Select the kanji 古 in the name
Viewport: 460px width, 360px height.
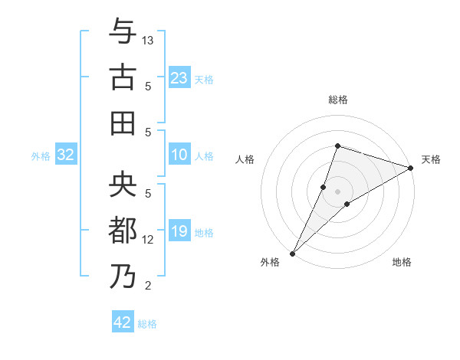click(x=123, y=78)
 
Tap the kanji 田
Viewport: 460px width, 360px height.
click(x=123, y=123)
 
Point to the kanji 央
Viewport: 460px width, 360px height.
click(x=123, y=185)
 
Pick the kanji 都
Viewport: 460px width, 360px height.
click(x=123, y=231)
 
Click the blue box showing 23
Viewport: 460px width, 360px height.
click(x=179, y=78)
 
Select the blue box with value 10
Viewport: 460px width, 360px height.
click(x=179, y=155)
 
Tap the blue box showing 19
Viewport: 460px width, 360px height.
click(x=179, y=232)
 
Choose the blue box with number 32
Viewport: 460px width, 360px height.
click(x=66, y=155)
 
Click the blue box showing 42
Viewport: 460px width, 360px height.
click(x=123, y=322)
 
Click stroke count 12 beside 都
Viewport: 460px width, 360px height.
click(x=149, y=240)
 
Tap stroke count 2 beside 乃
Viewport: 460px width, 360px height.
click(x=149, y=286)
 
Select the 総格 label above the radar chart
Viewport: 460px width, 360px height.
click(x=337, y=100)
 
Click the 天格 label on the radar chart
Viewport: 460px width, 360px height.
click(x=431, y=159)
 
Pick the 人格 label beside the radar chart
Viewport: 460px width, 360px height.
click(x=245, y=159)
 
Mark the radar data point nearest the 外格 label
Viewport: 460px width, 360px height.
click(x=292, y=253)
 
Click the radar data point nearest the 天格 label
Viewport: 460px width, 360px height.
click(x=411, y=168)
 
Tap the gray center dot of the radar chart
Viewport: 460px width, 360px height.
click(x=337, y=191)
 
